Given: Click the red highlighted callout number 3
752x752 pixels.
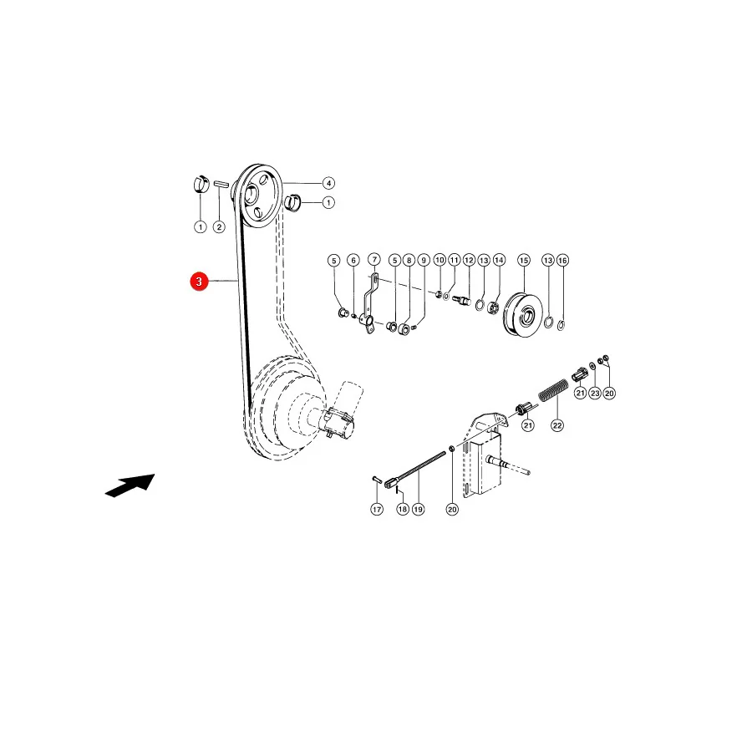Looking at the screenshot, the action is [x=199, y=282].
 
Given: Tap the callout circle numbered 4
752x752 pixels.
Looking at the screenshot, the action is [x=328, y=183].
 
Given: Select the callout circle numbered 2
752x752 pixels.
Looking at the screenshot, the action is [x=219, y=226].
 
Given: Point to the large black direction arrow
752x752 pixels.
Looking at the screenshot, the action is [x=130, y=485].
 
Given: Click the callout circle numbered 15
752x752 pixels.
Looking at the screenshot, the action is [x=524, y=261].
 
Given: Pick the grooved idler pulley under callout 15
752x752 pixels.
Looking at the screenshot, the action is [x=523, y=313].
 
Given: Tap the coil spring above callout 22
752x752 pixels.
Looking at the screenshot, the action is [x=553, y=390].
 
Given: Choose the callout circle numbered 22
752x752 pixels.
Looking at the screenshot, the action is [x=557, y=425].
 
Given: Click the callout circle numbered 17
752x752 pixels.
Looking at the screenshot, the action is [x=377, y=510].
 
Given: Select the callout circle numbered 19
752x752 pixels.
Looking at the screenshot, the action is [x=419, y=510].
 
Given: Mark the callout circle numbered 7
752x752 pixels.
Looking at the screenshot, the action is [x=374, y=260].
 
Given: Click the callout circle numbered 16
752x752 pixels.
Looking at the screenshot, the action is [x=562, y=261].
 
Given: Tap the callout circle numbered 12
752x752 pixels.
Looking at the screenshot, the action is [x=469, y=261].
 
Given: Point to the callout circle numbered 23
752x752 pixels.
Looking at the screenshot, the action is [x=595, y=394].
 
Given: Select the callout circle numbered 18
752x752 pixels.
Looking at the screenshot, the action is [x=403, y=510].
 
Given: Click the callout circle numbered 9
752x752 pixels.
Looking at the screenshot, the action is [x=424, y=261].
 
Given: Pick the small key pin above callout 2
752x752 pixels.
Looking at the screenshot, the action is [x=220, y=184].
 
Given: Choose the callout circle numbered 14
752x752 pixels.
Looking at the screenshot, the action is [x=500, y=260].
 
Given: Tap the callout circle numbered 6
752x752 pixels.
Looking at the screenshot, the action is [x=353, y=261].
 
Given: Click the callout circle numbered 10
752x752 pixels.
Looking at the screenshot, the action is [x=440, y=260].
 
